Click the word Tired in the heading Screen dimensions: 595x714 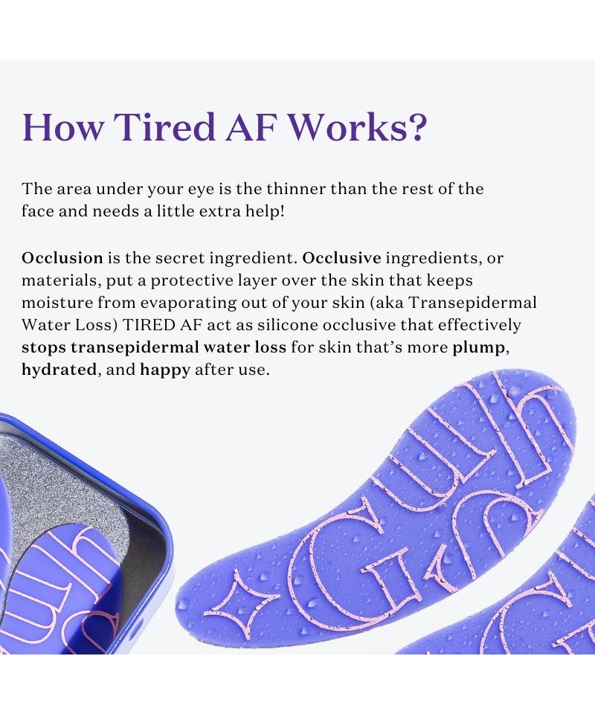tap(164, 126)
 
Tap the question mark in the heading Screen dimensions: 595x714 tap(415, 126)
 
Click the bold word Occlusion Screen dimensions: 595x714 tap(62, 258)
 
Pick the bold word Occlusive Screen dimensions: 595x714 tap(342, 258)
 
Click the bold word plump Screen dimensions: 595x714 tap(478, 348)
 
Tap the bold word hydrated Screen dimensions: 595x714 tap(59, 370)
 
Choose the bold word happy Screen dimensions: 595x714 tap(165, 370)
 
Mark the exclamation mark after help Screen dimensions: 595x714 tap(282, 211)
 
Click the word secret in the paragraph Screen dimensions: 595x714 tap(180, 258)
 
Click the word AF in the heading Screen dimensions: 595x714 tap(251, 126)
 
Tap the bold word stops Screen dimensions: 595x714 tap(44, 348)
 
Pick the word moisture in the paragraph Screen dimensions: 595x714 tap(57, 303)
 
